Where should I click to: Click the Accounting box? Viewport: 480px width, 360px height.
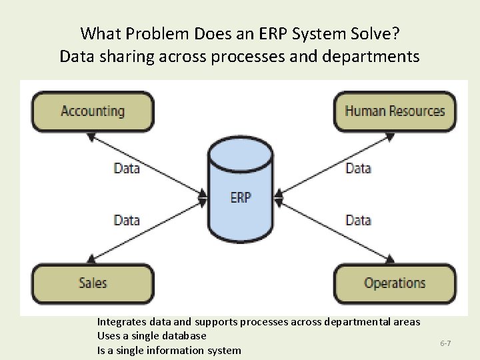(93, 111)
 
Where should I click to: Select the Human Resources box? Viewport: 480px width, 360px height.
(395, 111)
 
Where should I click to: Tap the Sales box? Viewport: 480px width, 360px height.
(93, 283)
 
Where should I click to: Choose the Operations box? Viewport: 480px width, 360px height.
(395, 283)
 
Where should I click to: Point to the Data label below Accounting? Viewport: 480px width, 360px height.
(127, 168)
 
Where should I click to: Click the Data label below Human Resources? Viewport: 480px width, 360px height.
(358, 168)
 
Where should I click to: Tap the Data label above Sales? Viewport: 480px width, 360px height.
(127, 220)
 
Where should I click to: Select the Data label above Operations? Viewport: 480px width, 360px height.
(358, 220)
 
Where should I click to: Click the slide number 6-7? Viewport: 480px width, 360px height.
(445, 343)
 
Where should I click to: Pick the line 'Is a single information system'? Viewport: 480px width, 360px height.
(169, 350)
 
